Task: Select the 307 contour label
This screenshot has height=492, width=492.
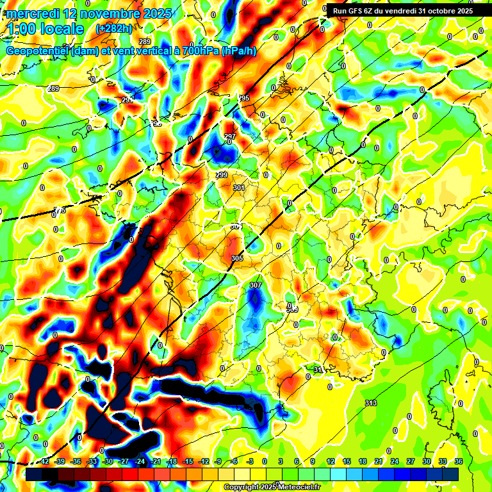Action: (x=256, y=285)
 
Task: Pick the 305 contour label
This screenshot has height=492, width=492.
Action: (x=237, y=258)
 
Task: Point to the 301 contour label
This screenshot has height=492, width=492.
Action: (x=239, y=188)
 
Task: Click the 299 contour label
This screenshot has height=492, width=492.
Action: (x=222, y=175)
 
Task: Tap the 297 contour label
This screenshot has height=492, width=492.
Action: (x=230, y=136)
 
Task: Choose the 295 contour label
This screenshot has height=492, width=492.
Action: (x=243, y=98)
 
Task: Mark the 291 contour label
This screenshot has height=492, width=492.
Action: (x=127, y=100)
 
